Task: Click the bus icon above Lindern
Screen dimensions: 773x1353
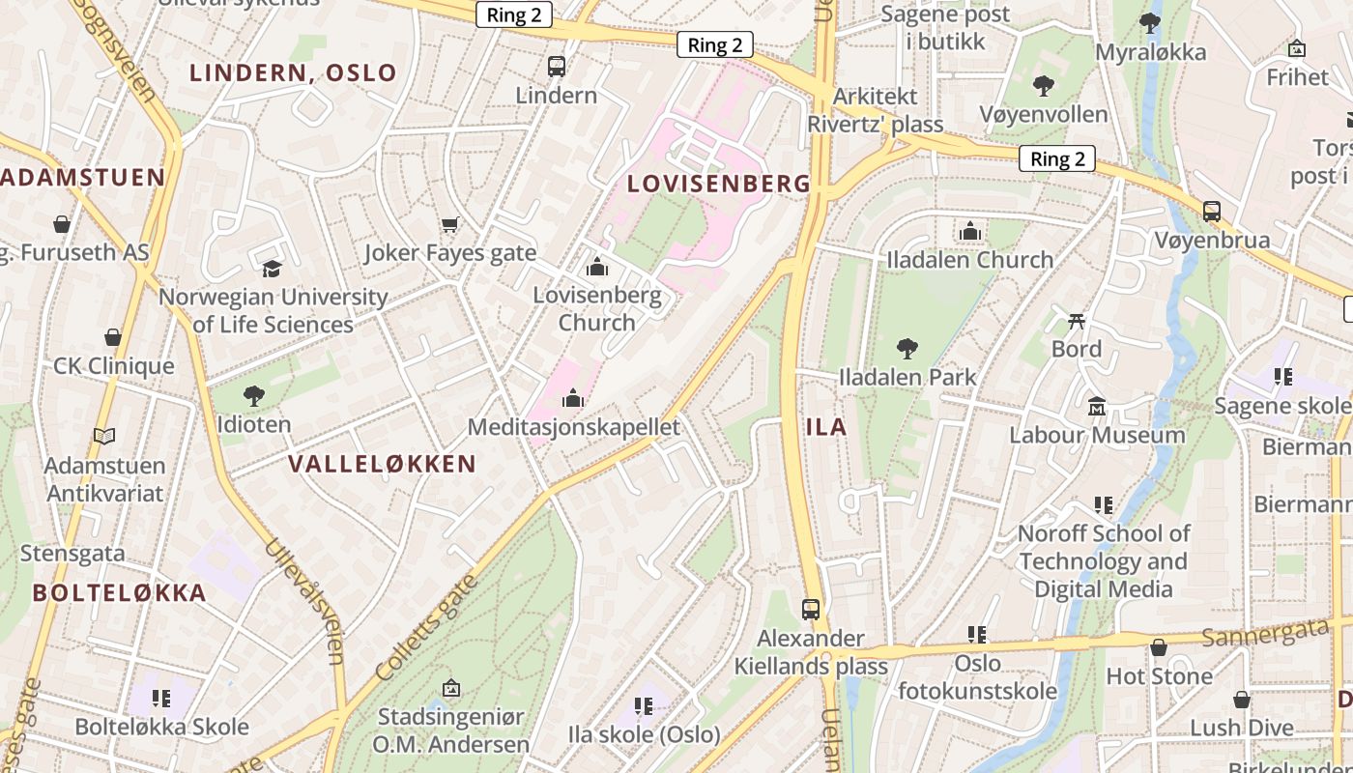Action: point(557,67)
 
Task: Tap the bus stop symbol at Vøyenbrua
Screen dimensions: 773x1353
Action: point(1212,211)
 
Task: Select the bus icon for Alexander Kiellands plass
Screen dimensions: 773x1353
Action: point(811,610)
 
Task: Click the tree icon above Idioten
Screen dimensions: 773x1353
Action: point(254,395)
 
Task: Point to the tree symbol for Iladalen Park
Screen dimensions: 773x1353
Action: point(907,348)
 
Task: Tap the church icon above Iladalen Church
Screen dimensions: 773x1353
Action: point(970,231)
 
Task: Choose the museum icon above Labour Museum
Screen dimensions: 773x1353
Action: point(1097,406)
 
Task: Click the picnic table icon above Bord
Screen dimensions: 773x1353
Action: point(1077,321)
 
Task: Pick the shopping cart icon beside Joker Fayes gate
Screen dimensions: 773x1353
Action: point(449,224)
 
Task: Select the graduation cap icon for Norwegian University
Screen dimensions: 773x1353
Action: point(272,269)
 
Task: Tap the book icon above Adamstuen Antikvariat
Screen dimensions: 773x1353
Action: point(104,436)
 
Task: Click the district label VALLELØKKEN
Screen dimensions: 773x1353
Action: point(382,464)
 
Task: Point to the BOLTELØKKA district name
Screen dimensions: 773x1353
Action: point(120,593)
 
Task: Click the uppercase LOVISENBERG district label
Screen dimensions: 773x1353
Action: point(719,184)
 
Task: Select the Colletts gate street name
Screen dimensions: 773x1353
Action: point(426,625)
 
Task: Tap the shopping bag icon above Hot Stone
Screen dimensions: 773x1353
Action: point(1159,647)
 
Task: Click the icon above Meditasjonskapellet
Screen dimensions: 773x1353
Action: point(573,398)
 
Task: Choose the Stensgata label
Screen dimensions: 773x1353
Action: point(72,554)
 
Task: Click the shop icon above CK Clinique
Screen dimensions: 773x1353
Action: point(113,337)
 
